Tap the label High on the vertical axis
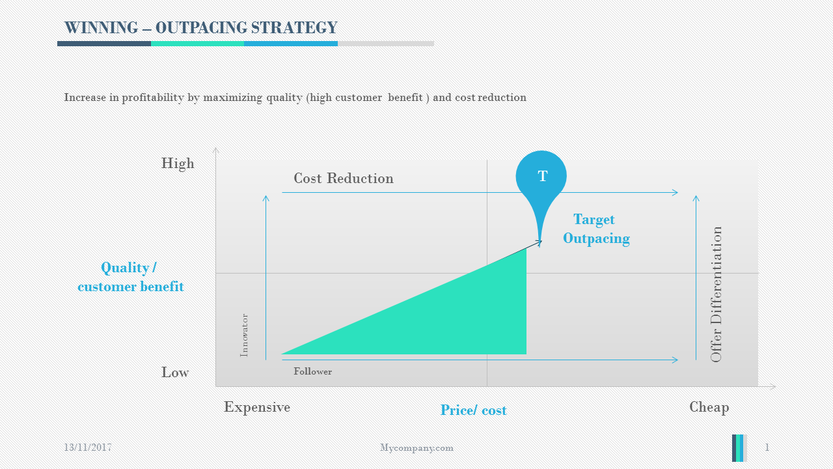coord(178,163)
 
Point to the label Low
coord(175,373)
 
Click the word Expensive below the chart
coord(257,407)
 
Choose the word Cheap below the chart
coord(709,407)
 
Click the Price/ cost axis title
coord(473,410)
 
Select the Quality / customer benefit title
coord(130,277)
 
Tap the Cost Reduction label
coord(344,178)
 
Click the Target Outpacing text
coord(595,229)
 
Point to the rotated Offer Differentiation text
coord(717,294)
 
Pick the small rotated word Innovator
coord(245,335)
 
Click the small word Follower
coord(312,371)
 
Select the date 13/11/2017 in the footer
coord(88,448)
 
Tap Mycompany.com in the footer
coord(416,448)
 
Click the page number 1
coord(767,448)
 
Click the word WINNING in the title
coord(102,28)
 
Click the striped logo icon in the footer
coord(739,448)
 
